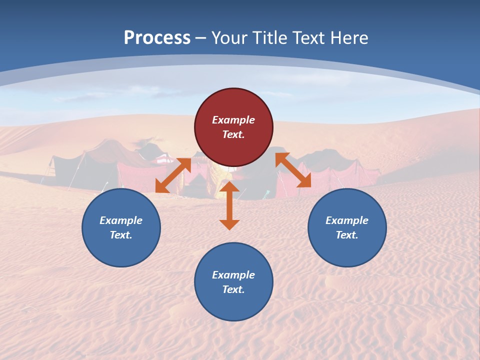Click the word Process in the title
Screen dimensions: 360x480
click(x=157, y=38)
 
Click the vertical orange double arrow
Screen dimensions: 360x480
click(x=229, y=205)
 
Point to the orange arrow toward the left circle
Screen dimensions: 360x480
click(x=173, y=175)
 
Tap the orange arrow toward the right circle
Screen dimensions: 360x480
click(x=293, y=170)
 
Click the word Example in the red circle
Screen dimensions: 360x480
click(x=233, y=120)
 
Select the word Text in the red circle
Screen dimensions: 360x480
click(x=233, y=134)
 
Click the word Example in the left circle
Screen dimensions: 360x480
click(x=121, y=220)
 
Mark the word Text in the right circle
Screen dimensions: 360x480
click(x=347, y=235)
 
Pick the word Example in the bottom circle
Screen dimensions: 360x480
click(x=233, y=275)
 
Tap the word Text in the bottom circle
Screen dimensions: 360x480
click(x=233, y=289)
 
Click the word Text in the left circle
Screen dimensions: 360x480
click(x=121, y=235)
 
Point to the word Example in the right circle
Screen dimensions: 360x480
click(x=347, y=220)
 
